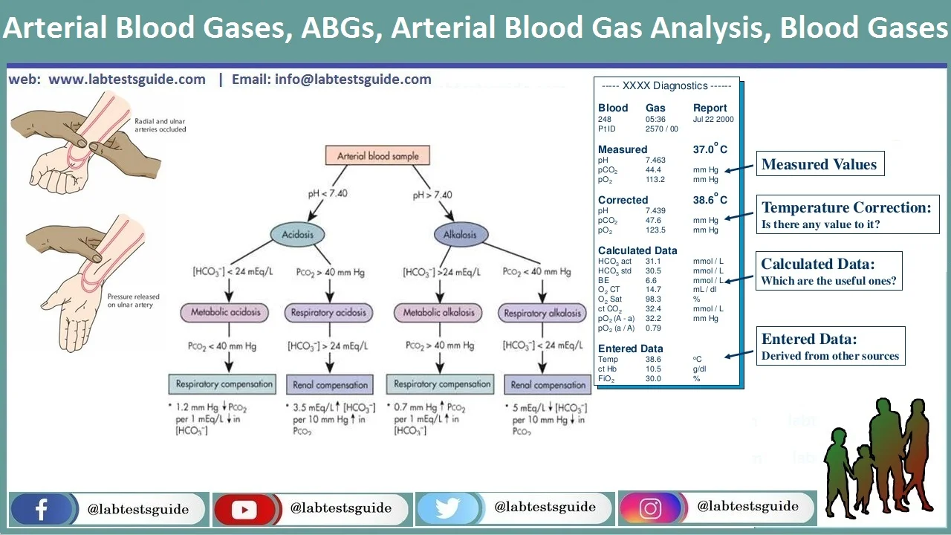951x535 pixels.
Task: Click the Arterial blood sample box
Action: tap(377, 156)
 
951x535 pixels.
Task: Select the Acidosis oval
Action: tap(297, 234)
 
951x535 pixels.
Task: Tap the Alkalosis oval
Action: tap(460, 234)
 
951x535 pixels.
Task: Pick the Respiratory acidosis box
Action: tap(328, 313)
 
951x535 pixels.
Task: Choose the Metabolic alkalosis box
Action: tap(438, 313)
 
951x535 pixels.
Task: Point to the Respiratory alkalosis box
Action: tap(542, 314)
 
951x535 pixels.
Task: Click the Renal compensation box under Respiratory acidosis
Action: tap(331, 385)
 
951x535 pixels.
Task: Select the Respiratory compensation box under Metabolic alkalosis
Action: tap(442, 384)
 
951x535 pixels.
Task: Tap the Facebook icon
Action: tap(42, 509)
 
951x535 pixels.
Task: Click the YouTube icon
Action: tap(244, 509)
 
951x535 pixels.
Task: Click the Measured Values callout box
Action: tap(819, 164)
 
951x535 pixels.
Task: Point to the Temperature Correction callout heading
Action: tap(846, 207)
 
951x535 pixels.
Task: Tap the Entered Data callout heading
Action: tap(809, 339)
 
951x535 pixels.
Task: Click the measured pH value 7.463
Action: tap(655, 160)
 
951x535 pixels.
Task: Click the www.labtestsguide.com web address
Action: tap(127, 80)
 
